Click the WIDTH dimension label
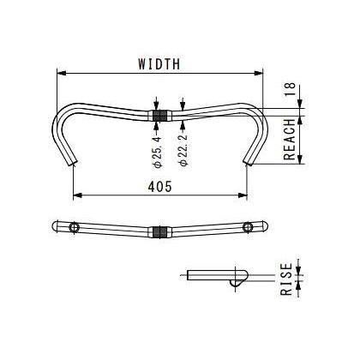[159, 64]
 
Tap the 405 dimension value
[160, 187]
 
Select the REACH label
[289, 140]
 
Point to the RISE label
[286, 279]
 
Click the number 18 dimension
[290, 89]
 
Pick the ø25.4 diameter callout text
[158, 152]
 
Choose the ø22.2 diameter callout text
[184, 149]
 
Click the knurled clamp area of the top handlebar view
[160, 116]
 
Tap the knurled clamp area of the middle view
[160, 232]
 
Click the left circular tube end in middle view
[74, 227]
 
